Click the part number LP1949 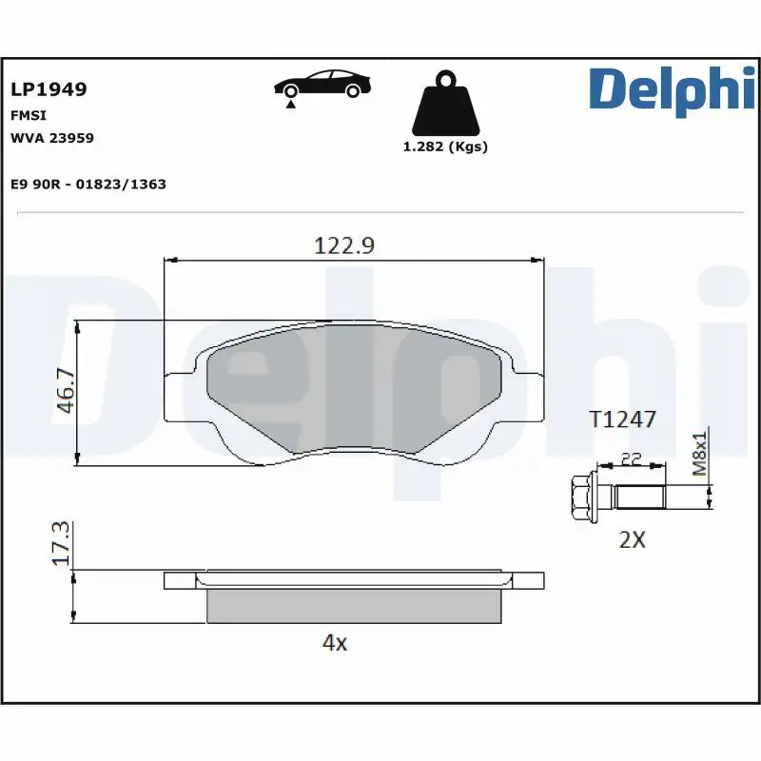tap(49, 89)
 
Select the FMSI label tap(25, 114)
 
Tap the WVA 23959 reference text tap(51, 138)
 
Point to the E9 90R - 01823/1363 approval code tap(88, 184)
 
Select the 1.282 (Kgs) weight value tap(445, 146)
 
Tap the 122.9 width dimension tap(344, 245)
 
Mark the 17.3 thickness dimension tap(63, 544)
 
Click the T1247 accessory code tap(623, 419)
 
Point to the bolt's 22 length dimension tap(631, 459)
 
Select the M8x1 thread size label tap(700, 454)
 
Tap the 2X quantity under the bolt tap(632, 539)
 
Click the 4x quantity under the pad tap(335, 642)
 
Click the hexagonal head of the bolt tap(581, 497)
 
